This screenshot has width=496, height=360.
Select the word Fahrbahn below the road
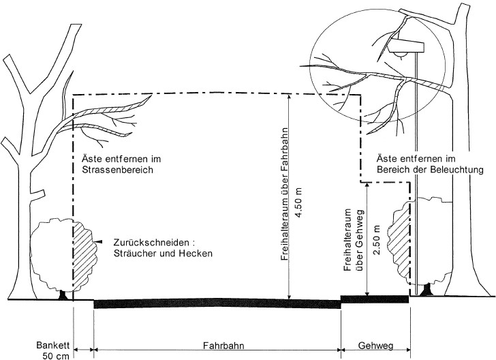click(x=216, y=345)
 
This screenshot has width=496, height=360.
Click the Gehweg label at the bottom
click(x=374, y=345)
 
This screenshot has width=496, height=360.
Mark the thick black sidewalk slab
click(x=374, y=299)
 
